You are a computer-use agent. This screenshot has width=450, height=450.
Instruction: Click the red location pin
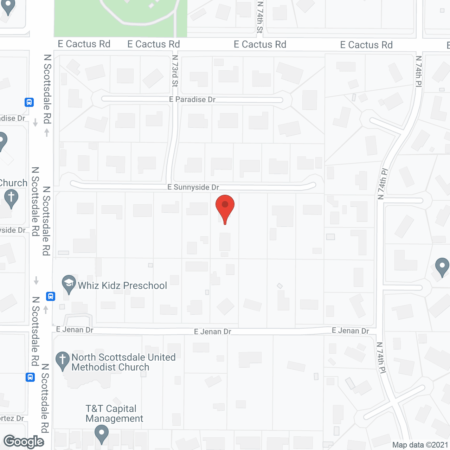pos(225,207)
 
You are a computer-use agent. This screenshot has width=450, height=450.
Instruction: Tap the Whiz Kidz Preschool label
pos(122,285)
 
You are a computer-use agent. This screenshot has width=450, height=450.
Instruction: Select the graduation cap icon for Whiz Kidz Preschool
pos(69,283)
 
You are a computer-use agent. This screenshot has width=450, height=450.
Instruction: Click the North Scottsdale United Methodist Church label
pos(123,362)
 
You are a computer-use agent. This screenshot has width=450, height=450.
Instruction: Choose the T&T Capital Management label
pos(114,413)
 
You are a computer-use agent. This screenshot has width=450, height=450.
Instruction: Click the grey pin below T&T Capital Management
pos(102,433)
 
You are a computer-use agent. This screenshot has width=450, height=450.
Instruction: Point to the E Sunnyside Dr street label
pos(193,187)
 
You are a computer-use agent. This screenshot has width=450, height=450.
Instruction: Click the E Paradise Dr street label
pos(192,99)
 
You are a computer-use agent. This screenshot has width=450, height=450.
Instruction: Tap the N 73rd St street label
pos(175,71)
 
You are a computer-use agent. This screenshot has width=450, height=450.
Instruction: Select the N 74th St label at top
pos(260,17)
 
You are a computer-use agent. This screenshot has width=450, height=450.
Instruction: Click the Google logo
pos(24,442)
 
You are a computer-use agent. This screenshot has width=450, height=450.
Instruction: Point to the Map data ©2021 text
pos(420,445)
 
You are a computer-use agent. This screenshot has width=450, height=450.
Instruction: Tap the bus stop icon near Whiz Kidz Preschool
pos(51,296)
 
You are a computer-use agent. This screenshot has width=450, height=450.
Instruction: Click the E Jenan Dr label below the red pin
pos(212,332)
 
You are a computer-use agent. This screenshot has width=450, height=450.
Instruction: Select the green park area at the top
pos(120,18)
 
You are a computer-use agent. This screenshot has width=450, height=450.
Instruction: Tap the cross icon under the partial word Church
pos(11,198)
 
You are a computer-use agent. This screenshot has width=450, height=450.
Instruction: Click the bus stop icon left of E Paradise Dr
pos(29,102)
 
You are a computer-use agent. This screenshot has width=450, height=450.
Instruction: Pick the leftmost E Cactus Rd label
pos(84,44)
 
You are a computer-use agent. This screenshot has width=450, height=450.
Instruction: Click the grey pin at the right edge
pos(442,266)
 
